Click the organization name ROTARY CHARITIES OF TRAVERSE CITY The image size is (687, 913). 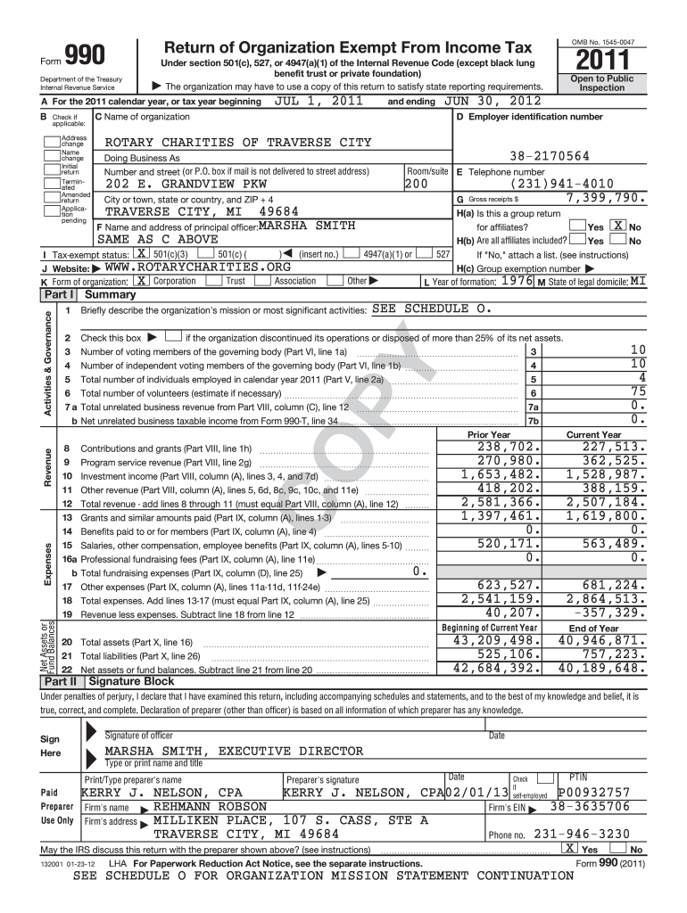(x=238, y=143)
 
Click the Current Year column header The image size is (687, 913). (x=593, y=434)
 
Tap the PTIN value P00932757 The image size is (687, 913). (x=594, y=793)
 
